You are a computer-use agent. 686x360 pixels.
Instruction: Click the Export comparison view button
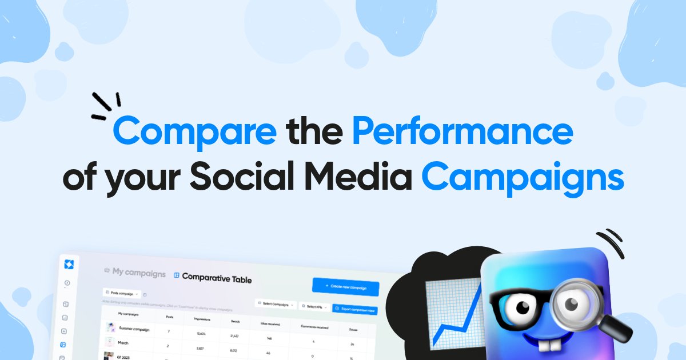point(354,309)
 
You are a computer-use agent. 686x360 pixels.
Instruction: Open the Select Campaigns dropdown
point(276,304)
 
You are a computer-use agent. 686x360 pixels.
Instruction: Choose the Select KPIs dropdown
point(313,306)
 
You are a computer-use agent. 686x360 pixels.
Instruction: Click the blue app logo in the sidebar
point(70,263)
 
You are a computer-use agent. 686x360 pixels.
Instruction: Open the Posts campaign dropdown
point(121,294)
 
